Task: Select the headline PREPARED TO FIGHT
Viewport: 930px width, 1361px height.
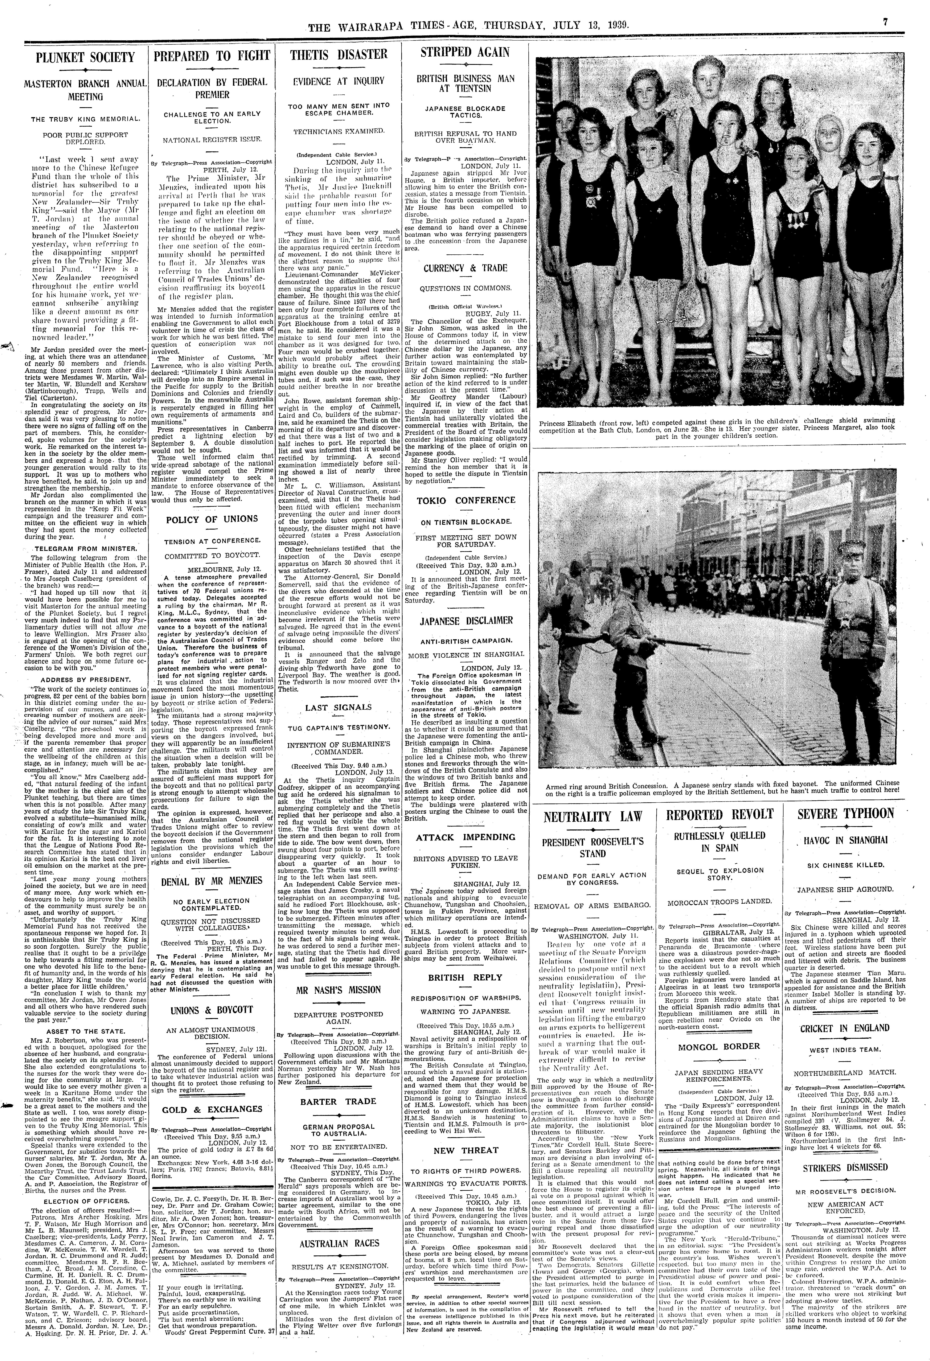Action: point(212,56)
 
